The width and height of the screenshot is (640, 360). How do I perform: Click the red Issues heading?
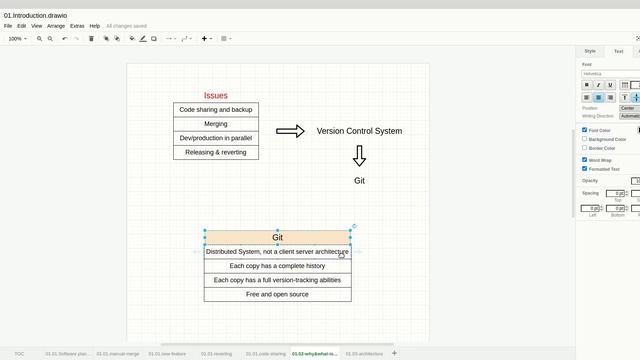pos(216,96)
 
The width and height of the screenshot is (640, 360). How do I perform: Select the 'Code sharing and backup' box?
pos(216,110)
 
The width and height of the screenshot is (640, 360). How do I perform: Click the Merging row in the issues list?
pos(216,124)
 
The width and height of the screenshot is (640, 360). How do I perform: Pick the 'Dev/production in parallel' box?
pos(216,138)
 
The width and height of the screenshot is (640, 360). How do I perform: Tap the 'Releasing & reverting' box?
pos(216,152)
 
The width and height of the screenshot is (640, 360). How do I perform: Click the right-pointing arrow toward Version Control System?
pos(290,131)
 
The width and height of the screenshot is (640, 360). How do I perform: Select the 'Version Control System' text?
pos(359,131)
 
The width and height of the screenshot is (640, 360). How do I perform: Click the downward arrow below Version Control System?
pos(359,156)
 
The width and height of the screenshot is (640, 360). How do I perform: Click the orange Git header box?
pos(278,238)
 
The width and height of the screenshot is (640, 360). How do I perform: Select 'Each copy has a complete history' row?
pos(278,266)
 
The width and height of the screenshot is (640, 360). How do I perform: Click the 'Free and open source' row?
pos(278,294)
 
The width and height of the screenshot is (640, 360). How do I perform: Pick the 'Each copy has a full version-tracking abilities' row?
pos(278,280)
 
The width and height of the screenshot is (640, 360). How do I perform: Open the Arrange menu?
pos(56,26)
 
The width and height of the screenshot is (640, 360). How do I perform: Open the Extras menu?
pos(77,26)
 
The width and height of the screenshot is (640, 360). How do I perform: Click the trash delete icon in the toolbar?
pos(91,39)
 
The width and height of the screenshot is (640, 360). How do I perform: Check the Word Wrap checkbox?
pos(585,160)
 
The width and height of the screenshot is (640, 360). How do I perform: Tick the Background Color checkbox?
pos(585,139)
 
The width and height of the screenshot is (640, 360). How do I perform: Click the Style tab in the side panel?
pos(590,51)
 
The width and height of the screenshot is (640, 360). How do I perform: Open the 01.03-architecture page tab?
pos(364,353)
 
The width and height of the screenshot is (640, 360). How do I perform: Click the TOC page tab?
pos(19,353)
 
